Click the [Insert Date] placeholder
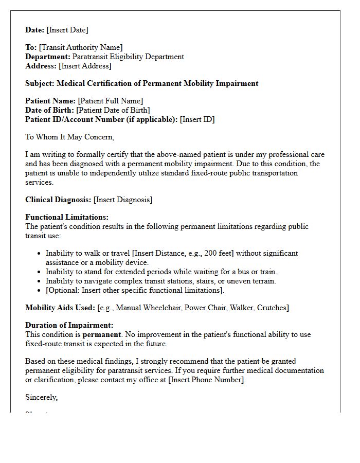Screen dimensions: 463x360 (67, 30)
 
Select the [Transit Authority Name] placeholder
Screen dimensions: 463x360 (81, 47)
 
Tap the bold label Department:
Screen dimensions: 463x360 (48, 57)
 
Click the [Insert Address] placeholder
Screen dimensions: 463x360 (85, 66)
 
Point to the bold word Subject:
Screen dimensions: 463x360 (40, 83)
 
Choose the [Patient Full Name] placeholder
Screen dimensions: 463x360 (111, 101)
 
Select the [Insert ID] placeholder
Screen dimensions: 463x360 (197, 119)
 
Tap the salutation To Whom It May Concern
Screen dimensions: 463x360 (69, 137)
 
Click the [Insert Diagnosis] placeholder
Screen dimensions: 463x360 (123, 200)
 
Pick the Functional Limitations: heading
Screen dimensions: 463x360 (67, 217)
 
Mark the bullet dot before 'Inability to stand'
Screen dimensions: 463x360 (40, 272)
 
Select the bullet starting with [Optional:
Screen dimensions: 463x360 (135, 290)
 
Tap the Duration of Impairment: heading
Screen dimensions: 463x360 (69, 325)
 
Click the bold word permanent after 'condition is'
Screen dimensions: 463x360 (101, 334)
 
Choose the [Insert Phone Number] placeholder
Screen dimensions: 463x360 (207, 380)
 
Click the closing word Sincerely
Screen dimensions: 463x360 (41, 397)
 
